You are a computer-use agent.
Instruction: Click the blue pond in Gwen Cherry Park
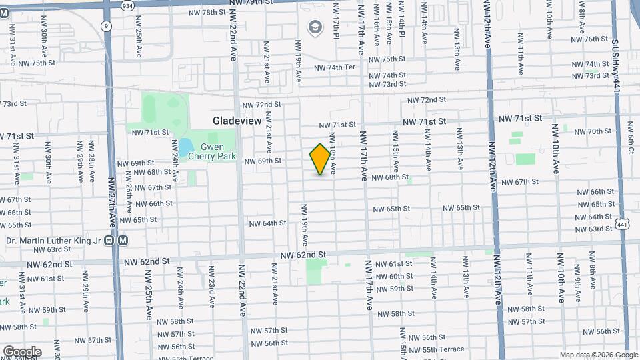click(x=185, y=147)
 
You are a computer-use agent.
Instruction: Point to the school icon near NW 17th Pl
click(x=315, y=27)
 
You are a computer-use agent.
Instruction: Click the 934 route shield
click(x=127, y=5)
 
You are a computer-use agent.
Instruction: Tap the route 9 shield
click(x=106, y=26)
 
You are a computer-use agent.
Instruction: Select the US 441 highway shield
click(x=621, y=225)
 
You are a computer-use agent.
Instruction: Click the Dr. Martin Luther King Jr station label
click(x=57, y=241)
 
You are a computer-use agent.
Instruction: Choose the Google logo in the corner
click(x=21, y=351)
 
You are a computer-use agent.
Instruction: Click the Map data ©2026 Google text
click(x=597, y=355)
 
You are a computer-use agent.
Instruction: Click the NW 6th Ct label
click(x=631, y=138)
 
